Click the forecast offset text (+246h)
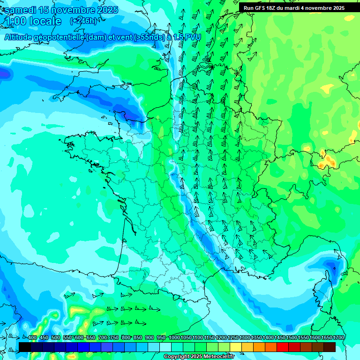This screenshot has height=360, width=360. click(83, 21)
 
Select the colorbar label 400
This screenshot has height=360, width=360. click(32, 338)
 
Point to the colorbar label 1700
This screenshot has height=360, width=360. click(326, 338)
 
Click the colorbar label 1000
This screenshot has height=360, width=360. click(174, 338)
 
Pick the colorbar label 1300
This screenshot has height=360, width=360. click(245, 338)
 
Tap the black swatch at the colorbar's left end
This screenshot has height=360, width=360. click(25, 347)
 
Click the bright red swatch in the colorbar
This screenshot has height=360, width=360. click(283, 347)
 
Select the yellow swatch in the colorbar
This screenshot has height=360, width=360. click(236, 347)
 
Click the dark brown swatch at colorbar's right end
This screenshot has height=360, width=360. click(330, 347)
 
